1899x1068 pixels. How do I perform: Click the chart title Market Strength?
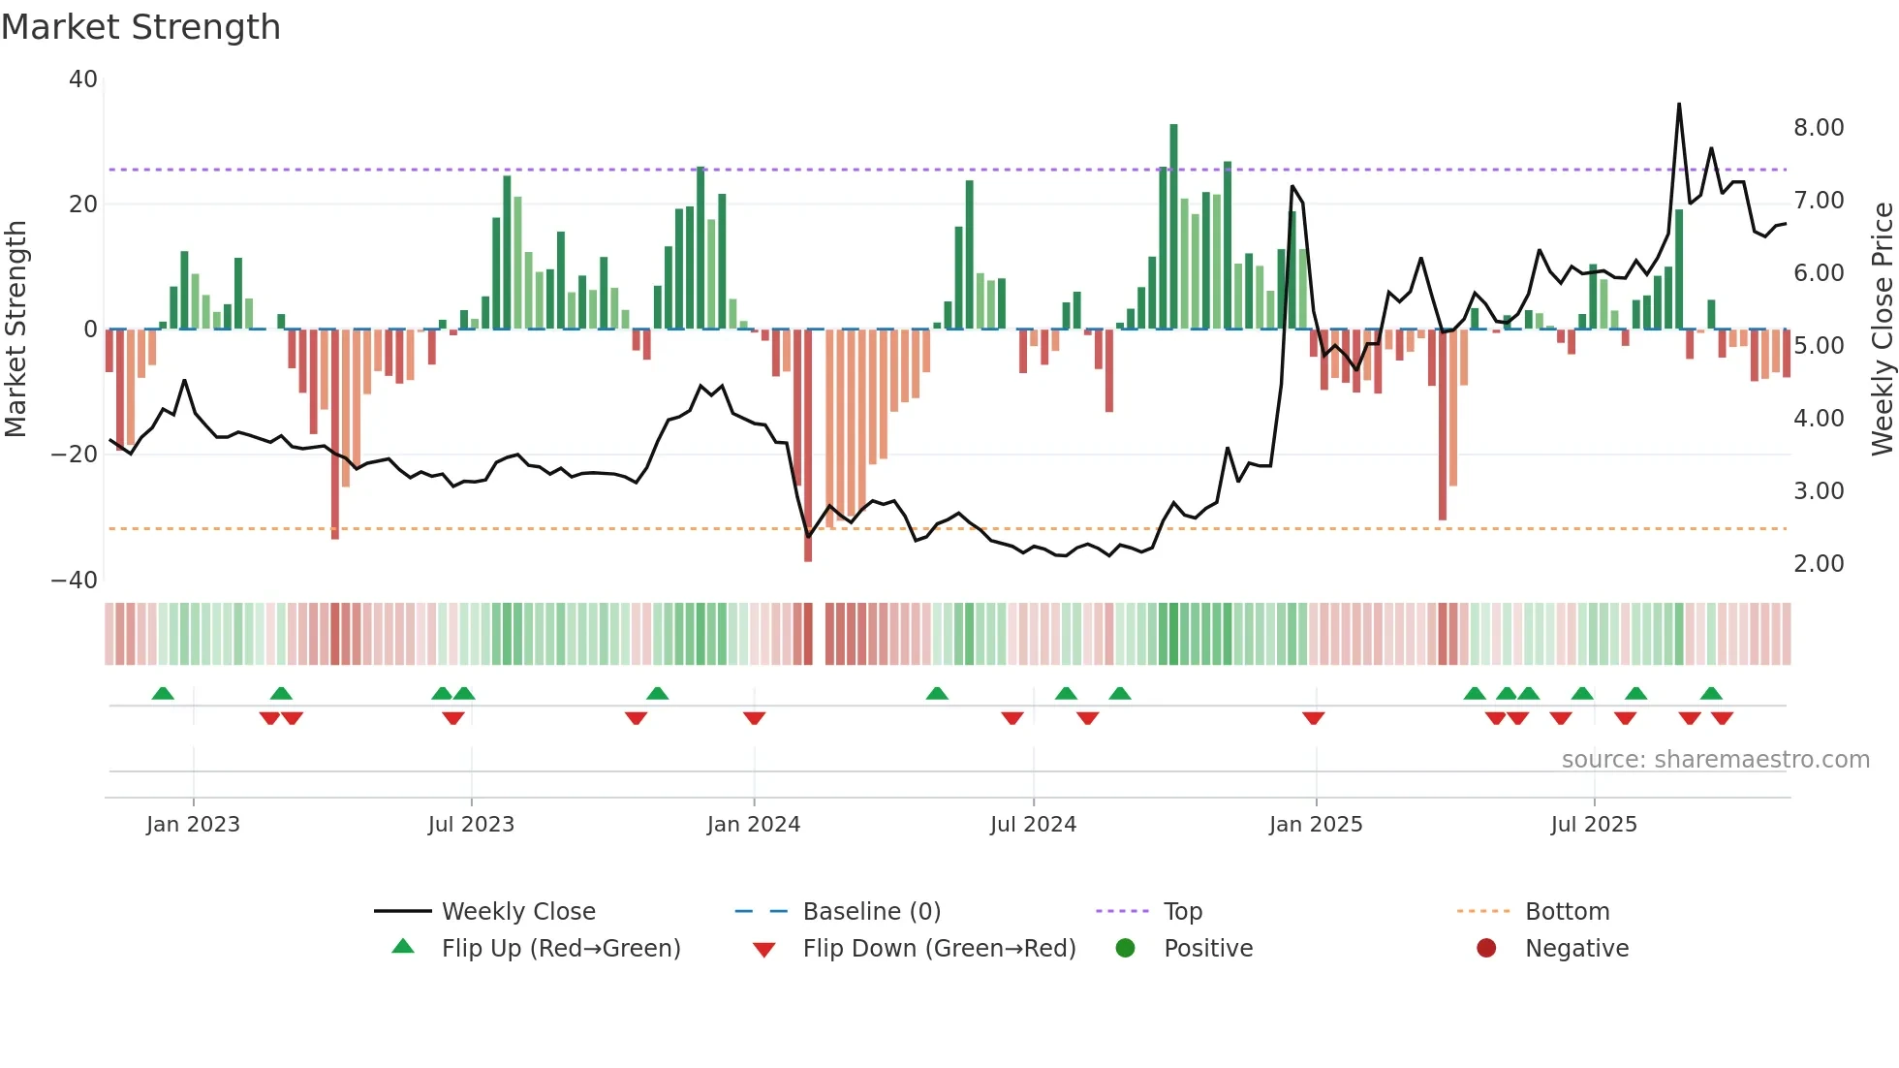click(x=140, y=27)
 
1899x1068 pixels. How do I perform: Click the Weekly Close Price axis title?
click(x=1882, y=329)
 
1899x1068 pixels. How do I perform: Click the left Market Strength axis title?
click(x=16, y=329)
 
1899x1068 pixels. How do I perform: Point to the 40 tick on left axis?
click(x=83, y=79)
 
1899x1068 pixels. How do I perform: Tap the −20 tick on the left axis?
click(x=75, y=455)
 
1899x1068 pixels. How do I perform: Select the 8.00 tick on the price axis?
click(x=1819, y=128)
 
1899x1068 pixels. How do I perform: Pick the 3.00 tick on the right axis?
click(x=1819, y=491)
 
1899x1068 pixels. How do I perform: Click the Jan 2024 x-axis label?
click(x=754, y=825)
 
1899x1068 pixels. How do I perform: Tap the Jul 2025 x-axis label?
click(x=1594, y=825)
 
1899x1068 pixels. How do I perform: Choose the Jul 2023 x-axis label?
click(x=471, y=825)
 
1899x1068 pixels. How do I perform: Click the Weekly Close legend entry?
click(x=518, y=912)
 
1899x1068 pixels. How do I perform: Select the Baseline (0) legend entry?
click(x=871, y=912)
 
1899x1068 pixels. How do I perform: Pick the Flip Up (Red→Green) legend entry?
click(x=560, y=949)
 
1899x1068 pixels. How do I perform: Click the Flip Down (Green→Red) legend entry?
click(x=939, y=949)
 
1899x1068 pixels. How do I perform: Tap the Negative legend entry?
click(x=1576, y=949)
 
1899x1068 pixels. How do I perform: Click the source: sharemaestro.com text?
click(x=1715, y=760)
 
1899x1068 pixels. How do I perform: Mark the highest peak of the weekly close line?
click(x=1679, y=105)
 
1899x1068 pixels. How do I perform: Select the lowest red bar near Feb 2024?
click(x=808, y=558)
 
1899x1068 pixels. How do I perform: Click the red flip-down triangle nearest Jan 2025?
click(x=1314, y=718)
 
